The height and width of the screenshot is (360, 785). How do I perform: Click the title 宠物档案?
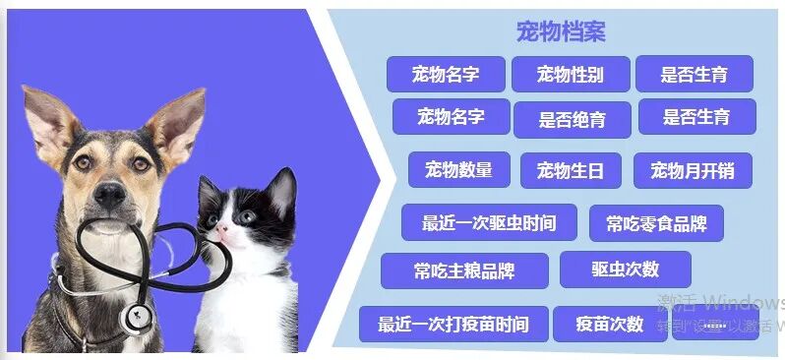[x=561, y=31]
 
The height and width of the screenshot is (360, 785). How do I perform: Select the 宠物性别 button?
[x=571, y=74]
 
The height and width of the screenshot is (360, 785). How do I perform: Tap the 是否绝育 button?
[x=572, y=120]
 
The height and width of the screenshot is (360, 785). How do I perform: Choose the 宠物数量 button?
[x=458, y=169]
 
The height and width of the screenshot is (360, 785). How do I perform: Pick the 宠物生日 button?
[x=571, y=170]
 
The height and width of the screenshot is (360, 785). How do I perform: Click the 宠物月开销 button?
[x=693, y=170]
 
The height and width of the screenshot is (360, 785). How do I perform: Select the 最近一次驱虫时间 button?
[x=489, y=222]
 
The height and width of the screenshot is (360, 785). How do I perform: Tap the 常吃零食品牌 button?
[x=656, y=223]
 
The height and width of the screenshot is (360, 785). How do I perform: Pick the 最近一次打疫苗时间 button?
[x=453, y=324]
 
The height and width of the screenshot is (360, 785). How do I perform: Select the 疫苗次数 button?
[x=610, y=324]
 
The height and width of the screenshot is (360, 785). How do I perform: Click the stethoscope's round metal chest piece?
[x=137, y=317]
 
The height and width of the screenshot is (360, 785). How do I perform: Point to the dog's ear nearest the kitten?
[x=177, y=123]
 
